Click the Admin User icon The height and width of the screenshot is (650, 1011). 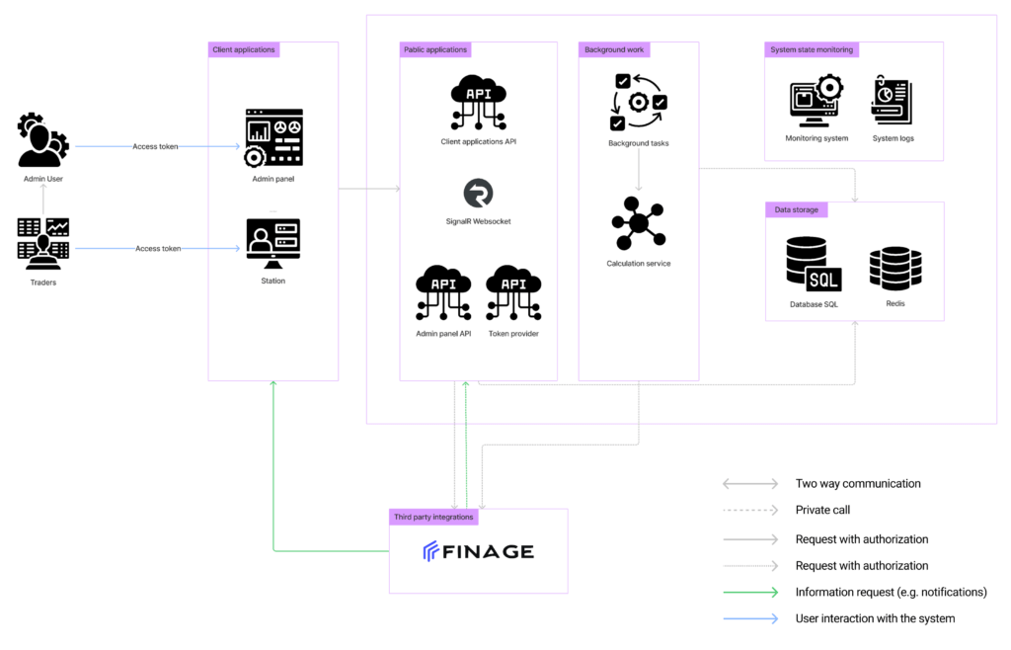click(42, 140)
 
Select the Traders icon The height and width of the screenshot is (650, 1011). click(43, 244)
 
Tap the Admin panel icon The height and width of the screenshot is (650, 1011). click(273, 138)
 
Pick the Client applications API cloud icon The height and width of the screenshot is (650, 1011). click(479, 103)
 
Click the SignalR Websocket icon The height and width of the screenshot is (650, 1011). click(479, 193)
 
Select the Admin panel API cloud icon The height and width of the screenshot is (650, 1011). click(443, 292)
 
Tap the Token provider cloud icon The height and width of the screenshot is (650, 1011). click(513, 292)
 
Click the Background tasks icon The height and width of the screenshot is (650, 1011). click(639, 102)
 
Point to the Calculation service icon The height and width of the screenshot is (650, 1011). click(639, 223)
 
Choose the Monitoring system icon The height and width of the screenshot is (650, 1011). click(817, 101)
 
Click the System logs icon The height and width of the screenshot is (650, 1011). click(893, 100)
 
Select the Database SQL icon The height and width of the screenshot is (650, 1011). click(814, 265)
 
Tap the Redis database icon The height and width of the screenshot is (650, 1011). click(895, 269)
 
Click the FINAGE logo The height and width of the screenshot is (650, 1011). click(479, 551)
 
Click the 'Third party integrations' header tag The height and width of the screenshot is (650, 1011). click(433, 518)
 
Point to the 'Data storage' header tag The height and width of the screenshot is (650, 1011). click(797, 209)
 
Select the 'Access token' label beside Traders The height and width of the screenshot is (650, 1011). click(158, 248)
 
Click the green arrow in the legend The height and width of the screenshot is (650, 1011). click(750, 592)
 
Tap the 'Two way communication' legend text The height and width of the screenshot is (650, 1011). click(858, 484)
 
